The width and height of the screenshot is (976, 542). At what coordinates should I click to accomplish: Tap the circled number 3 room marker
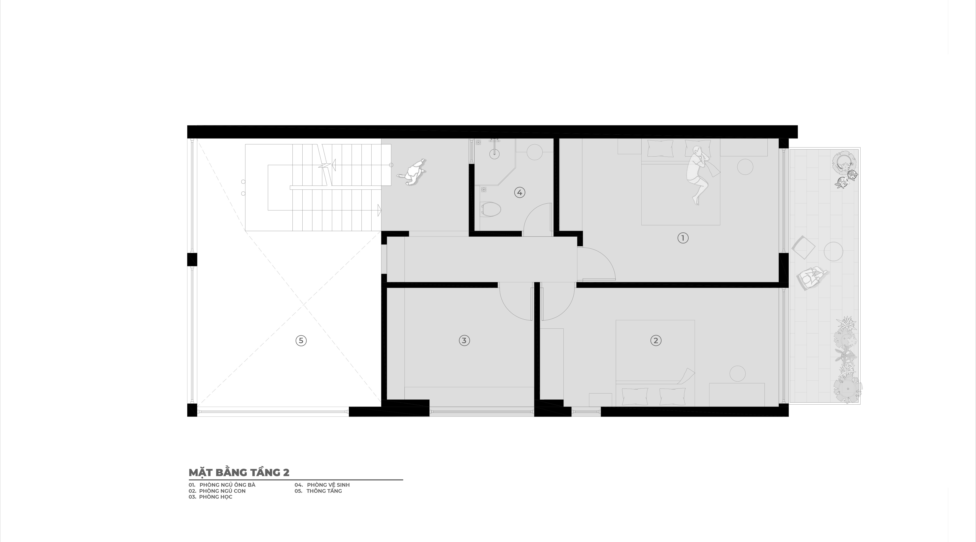464,341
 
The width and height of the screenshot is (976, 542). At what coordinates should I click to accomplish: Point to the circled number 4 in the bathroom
519,192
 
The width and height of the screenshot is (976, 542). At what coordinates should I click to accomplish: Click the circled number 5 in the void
301,341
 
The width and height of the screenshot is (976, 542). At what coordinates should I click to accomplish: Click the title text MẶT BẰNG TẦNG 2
239,473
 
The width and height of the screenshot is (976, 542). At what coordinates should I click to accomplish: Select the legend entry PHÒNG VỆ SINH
328,485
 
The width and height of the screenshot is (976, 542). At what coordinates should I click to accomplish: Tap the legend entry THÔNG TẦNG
324,491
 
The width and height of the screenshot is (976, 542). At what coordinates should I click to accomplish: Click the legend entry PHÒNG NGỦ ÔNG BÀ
227,485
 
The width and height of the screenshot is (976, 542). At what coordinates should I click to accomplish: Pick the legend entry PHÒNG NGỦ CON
222,491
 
